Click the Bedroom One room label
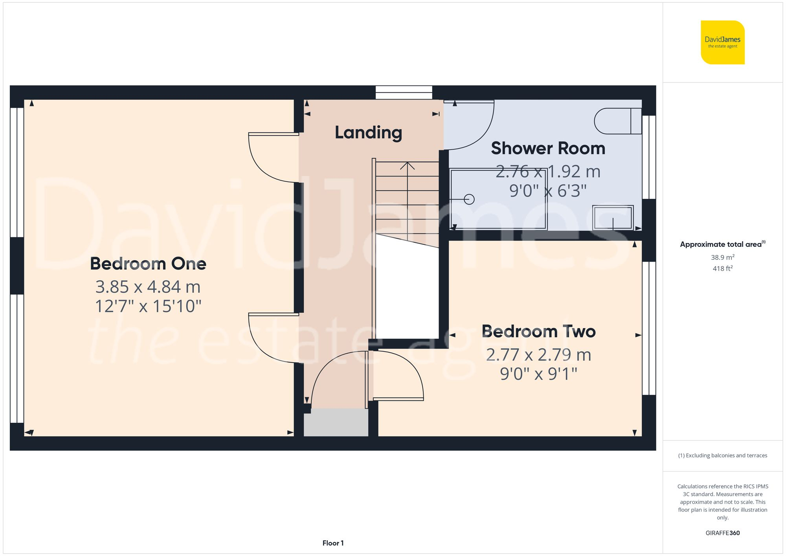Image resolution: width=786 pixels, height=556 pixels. click(148, 264)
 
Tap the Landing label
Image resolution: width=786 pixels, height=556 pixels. click(368, 133)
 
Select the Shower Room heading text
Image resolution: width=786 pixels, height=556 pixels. click(548, 149)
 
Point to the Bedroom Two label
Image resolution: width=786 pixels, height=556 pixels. click(538, 332)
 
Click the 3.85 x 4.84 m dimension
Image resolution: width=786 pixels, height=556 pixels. click(148, 287)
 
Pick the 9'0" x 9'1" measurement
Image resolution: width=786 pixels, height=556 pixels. click(538, 374)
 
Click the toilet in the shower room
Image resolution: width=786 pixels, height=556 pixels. click(617, 121)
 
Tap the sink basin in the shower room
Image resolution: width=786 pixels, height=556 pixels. click(613, 217)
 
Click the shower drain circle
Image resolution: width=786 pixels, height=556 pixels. click(469, 199)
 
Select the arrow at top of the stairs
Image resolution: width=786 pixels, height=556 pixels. click(407, 166)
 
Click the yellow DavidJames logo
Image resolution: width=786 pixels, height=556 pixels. click(722, 42)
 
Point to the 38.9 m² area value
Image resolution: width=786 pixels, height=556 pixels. click(722, 257)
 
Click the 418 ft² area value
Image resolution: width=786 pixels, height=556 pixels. click(722, 269)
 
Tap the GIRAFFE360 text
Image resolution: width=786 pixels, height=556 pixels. click(722, 533)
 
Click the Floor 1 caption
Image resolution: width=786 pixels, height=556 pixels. click(333, 543)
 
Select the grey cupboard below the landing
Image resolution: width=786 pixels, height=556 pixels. click(336, 422)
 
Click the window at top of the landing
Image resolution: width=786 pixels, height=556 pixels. click(404, 93)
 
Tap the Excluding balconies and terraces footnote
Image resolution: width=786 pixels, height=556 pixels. click(722, 456)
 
